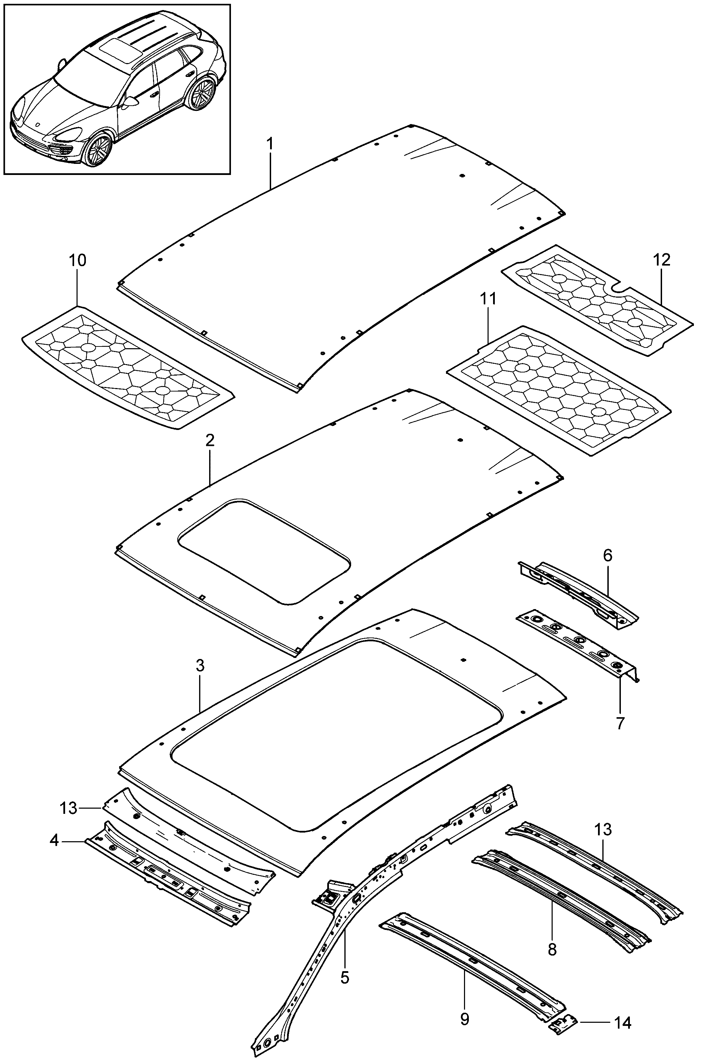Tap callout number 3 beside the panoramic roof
(200, 666)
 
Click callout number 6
(607, 556)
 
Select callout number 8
(553, 949)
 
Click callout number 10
(77, 260)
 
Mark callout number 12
(661, 260)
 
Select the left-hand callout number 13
(69, 808)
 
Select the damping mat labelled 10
(128, 368)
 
